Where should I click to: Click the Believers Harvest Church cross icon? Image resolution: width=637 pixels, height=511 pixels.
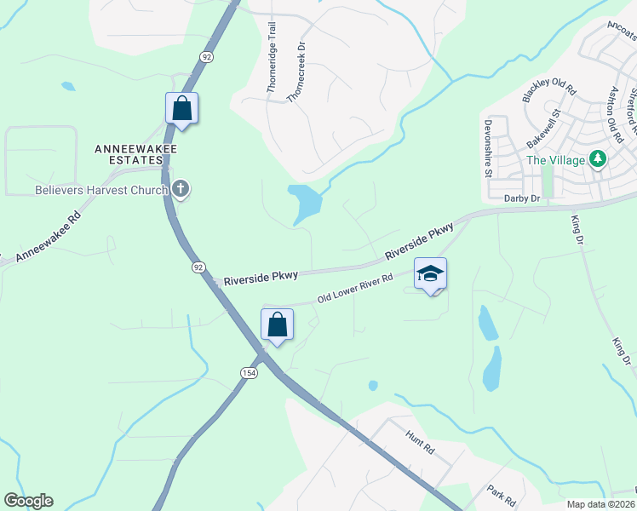coord(180,189)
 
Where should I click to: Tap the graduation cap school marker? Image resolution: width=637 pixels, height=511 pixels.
coord(430,274)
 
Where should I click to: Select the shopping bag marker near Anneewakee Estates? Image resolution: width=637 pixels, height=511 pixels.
coord(181,109)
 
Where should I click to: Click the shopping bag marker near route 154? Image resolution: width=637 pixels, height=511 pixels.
coord(277,325)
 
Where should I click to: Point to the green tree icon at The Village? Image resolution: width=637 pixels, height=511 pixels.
coord(598,159)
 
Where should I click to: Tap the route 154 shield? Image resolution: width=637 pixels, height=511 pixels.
coord(248,373)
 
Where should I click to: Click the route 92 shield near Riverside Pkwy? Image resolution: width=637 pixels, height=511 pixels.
coord(198,267)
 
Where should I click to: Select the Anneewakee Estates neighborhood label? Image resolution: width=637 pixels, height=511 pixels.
coord(128,154)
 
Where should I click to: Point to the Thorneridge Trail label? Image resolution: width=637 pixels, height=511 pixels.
coord(273,57)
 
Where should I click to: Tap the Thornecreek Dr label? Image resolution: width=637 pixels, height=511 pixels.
coord(296,73)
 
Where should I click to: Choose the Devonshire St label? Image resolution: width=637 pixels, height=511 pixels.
coord(489,147)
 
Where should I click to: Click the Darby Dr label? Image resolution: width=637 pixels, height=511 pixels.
coord(522,198)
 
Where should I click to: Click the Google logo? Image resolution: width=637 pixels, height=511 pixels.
coord(28,501)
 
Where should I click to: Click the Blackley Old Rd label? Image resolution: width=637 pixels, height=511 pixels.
coord(549,91)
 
